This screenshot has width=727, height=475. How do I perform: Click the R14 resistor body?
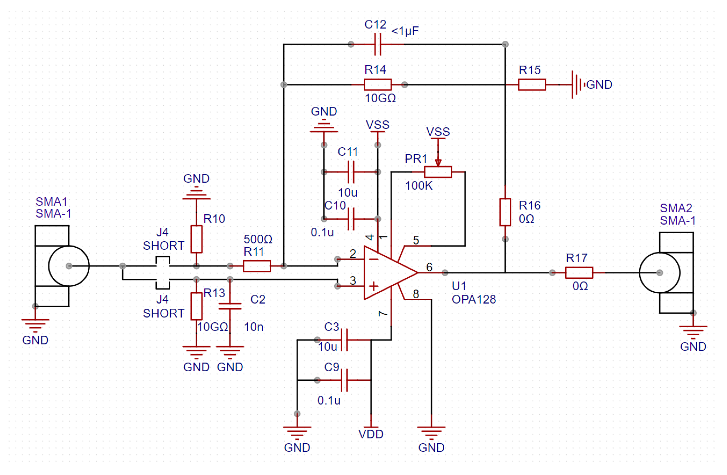coord(378,85)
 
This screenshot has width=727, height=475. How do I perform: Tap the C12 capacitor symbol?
coord(378,45)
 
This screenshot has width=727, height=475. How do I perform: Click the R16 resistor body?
coord(505,212)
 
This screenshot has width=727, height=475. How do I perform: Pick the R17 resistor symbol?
coord(579,273)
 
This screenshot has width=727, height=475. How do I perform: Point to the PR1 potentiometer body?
coord(438,172)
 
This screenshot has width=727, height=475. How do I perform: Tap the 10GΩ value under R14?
coord(380,98)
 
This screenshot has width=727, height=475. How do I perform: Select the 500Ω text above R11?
coord(258,239)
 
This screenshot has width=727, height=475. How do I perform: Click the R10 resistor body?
coord(196,239)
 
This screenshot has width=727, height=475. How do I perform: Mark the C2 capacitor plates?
coord(230,306)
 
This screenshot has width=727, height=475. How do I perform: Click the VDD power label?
coord(371,434)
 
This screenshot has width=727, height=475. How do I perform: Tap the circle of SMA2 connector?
coord(660,273)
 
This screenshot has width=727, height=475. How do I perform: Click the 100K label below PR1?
coord(419,186)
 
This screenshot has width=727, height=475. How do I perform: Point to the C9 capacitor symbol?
coord(344,380)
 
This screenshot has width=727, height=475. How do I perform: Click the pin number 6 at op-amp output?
coord(429,267)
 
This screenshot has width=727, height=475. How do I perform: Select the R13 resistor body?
coord(196,306)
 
